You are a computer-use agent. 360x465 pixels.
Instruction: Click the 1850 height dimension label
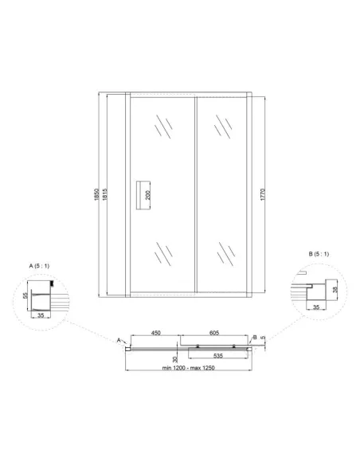coord(96,194)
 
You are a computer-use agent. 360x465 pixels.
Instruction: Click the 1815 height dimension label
coord(104,194)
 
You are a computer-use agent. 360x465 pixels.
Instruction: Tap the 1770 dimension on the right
coord(263,194)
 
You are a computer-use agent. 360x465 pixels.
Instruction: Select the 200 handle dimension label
coord(147,195)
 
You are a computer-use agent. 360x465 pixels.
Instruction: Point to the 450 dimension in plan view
coord(155,333)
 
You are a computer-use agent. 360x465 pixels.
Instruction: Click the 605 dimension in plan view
coord(213,333)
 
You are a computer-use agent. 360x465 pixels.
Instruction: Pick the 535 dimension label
coord(218,356)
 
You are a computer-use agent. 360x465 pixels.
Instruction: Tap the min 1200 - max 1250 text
coord(188,368)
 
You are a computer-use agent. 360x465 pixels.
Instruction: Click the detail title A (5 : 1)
coord(39,266)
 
